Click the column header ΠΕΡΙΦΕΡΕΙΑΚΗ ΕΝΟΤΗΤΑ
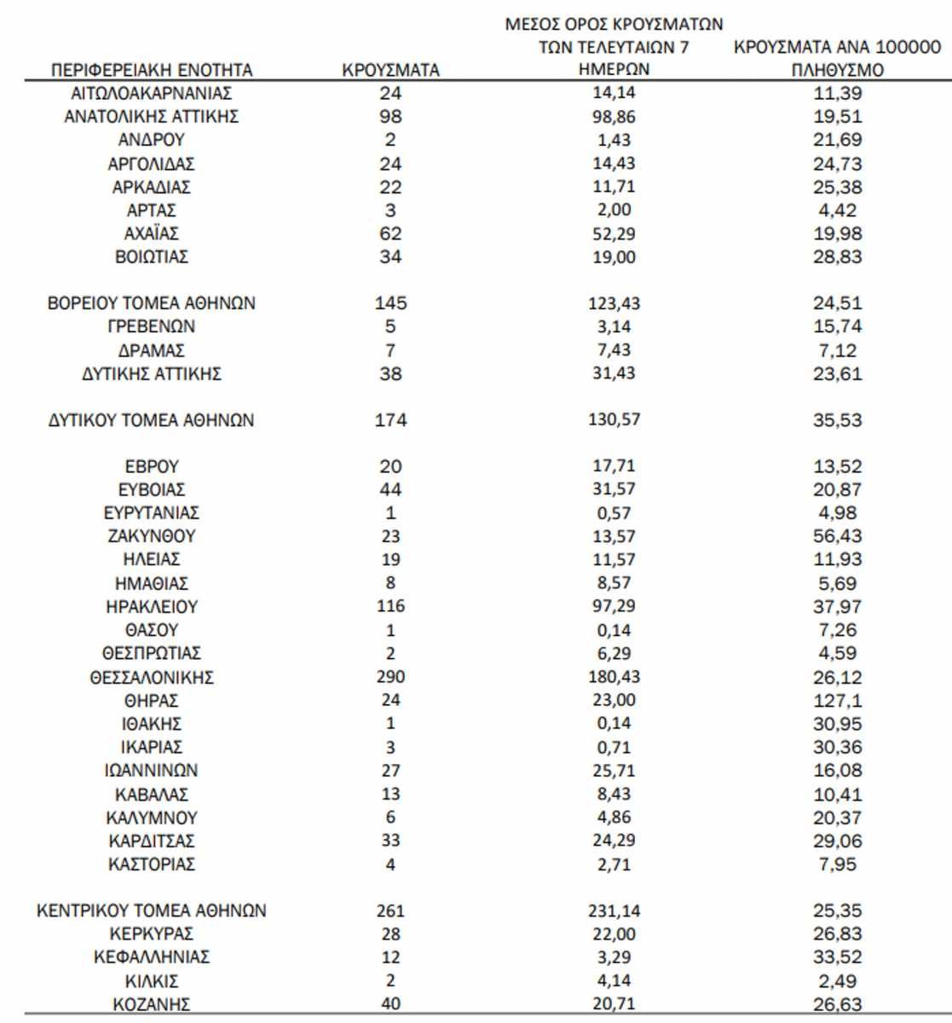point(152,70)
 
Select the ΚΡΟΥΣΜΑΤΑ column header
point(390,71)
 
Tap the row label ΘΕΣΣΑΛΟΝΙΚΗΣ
point(152,678)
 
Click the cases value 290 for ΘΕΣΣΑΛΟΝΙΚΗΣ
point(390,677)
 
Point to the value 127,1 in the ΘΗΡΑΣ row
point(837,701)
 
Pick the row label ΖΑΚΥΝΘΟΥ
point(152,537)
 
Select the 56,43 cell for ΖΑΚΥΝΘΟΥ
point(837,536)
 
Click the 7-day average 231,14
point(614,910)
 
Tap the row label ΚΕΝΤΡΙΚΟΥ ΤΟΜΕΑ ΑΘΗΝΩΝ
point(152,910)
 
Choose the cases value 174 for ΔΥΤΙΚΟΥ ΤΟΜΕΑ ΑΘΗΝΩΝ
point(390,419)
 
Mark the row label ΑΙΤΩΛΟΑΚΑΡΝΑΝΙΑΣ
point(152,94)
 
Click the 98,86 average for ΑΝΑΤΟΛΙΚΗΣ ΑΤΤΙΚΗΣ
point(614,117)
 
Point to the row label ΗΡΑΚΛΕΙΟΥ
point(152,607)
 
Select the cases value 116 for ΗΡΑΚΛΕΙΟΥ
point(390,606)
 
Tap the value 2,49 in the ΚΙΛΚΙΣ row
point(837,980)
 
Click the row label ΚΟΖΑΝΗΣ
point(152,1004)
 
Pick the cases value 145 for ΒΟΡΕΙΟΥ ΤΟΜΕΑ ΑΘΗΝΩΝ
point(390,303)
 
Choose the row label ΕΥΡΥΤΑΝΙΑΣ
point(152,513)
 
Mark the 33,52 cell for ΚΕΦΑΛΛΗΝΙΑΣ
point(837,957)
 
